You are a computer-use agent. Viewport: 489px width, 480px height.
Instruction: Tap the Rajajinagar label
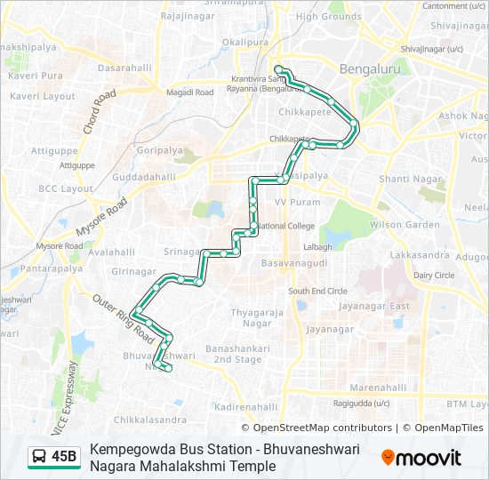189,15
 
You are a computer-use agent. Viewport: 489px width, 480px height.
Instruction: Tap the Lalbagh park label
317,246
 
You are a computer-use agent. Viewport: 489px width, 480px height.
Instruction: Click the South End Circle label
317,291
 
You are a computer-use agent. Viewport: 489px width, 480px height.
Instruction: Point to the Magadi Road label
191,92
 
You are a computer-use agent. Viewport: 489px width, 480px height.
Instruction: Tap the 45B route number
64,457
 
